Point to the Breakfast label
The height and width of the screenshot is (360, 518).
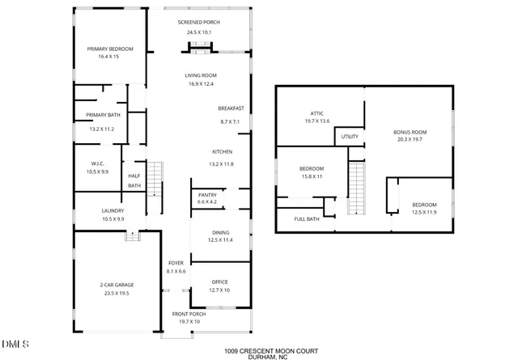[x=231, y=108]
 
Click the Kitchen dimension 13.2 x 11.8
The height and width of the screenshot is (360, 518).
[x=223, y=164]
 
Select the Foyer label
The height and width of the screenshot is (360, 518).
[x=176, y=264]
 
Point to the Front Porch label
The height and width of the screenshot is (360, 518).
[x=188, y=314]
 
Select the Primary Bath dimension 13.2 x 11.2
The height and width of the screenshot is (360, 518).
[x=102, y=129]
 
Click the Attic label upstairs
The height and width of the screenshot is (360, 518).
[x=317, y=113]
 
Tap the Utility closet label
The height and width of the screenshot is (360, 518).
[x=350, y=137]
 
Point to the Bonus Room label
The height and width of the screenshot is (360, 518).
[x=410, y=132]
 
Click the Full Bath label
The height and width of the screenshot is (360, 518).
[x=306, y=218]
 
